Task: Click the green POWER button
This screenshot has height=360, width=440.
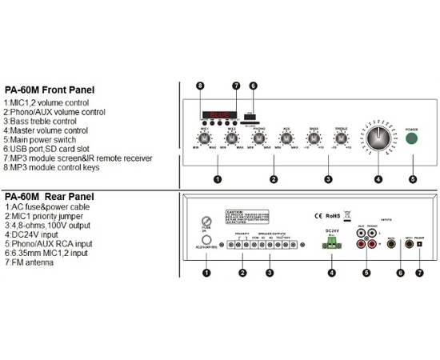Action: pyautogui.click(x=412, y=139)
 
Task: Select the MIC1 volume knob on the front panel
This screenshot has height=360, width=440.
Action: pyautogui.click(x=206, y=138)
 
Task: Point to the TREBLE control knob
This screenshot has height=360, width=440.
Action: pyautogui.click(x=342, y=138)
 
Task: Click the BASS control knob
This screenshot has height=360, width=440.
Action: pyautogui.click(x=314, y=138)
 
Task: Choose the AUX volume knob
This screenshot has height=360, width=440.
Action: pyautogui.click(x=286, y=138)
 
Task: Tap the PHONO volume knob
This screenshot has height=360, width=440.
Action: pyautogui.click(x=258, y=138)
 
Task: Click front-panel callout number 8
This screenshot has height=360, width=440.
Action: pyautogui.click(x=200, y=86)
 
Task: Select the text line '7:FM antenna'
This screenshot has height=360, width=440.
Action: pyautogui.click(x=28, y=264)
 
